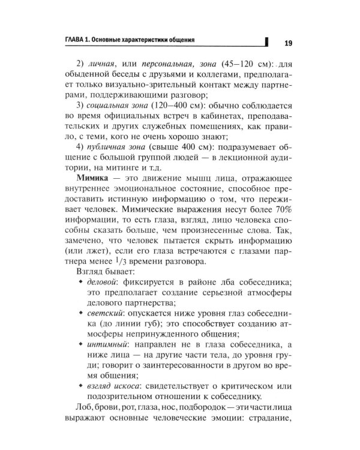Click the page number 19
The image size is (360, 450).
(287, 43)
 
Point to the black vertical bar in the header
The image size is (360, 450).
(266, 41)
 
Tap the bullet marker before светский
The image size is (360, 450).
(82, 328)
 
